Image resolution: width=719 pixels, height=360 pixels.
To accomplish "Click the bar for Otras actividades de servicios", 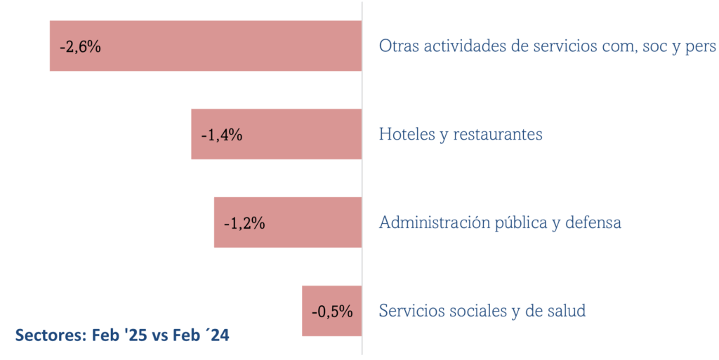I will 211,46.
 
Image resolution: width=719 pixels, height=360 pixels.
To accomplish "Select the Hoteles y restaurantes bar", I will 295,134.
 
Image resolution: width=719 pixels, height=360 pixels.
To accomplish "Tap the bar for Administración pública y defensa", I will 309,222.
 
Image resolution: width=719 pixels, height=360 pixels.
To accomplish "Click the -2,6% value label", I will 80,47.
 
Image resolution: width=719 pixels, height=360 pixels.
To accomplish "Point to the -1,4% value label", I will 221,135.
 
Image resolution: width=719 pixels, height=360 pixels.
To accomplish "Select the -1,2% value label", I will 244,223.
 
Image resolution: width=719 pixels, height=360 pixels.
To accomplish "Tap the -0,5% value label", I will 331,311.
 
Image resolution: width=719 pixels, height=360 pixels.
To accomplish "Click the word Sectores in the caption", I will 49,335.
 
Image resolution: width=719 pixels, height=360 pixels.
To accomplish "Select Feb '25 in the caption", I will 119,335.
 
